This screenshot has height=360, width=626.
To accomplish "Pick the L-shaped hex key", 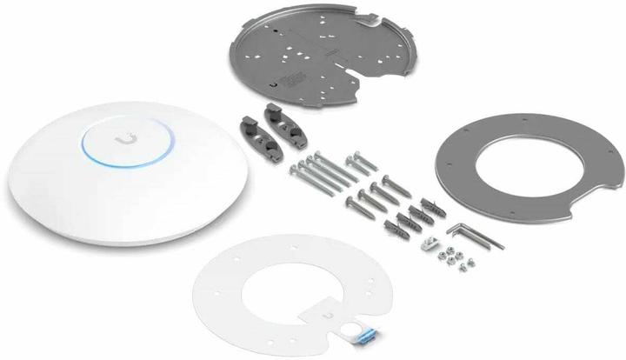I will [473, 232].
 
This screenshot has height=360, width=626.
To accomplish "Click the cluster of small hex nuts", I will [456, 254].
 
